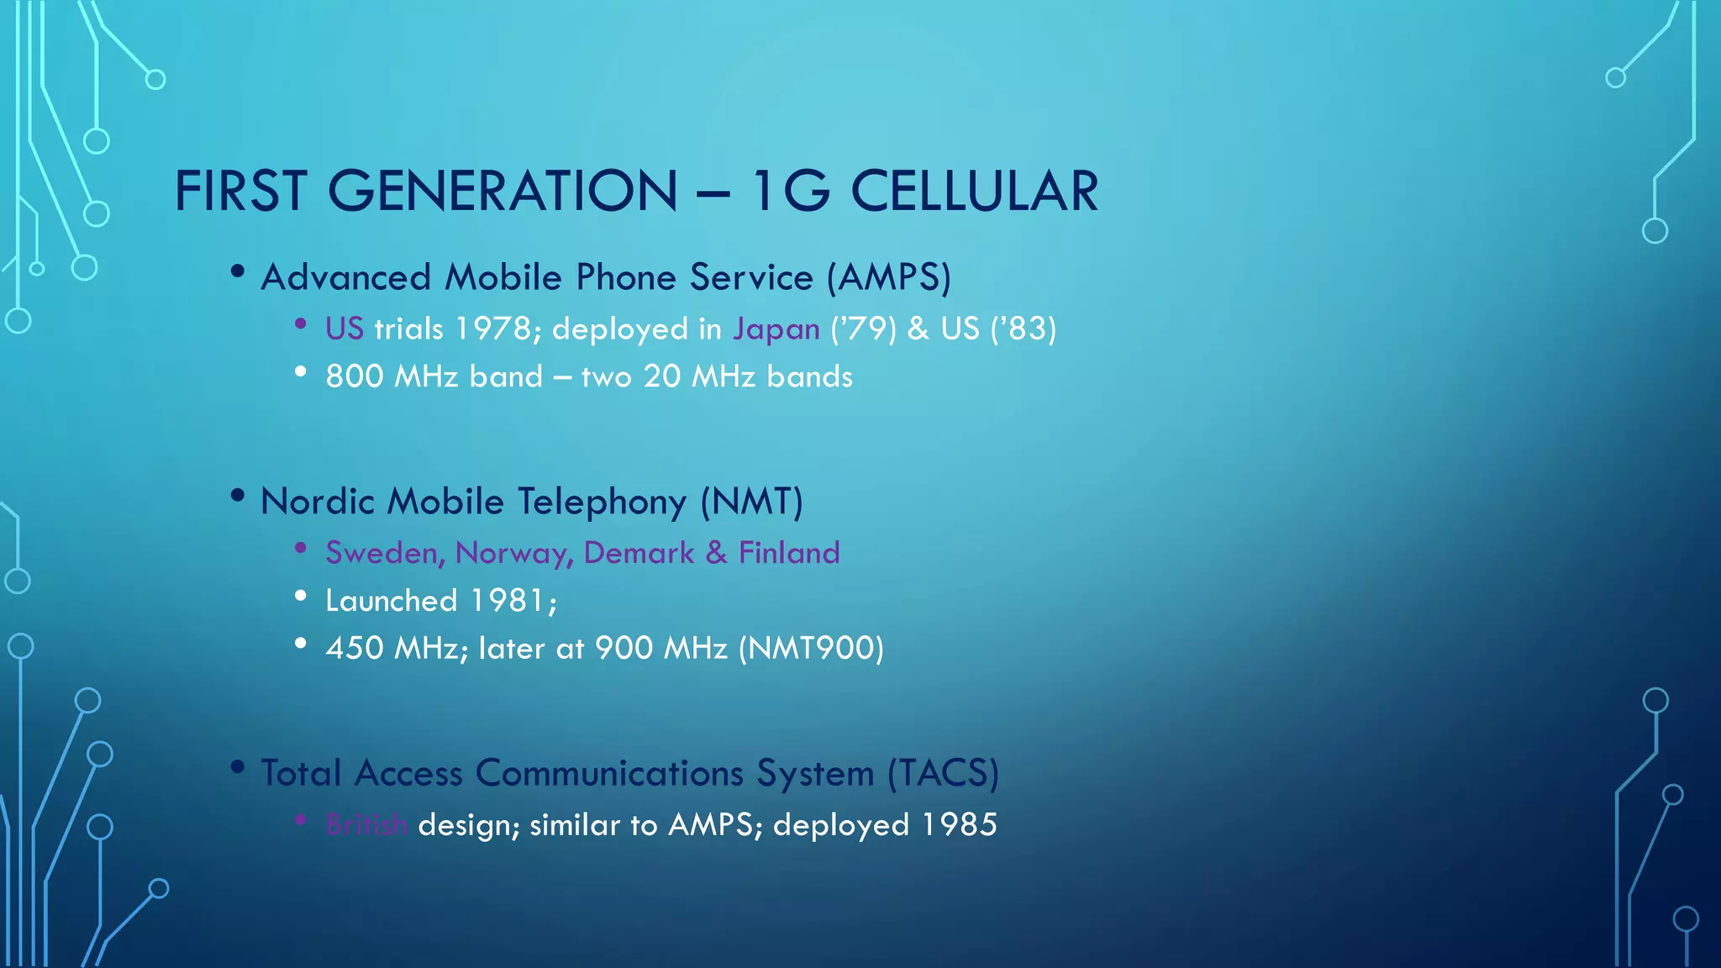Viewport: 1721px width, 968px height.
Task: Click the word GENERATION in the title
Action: pyautogui.click(x=502, y=192)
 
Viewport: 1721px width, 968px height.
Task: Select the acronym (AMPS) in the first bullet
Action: pyautogui.click(x=889, y=278)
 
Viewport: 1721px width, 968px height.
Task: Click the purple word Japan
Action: pyautogui.click(x=776, y=329)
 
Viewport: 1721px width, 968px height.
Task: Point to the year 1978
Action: pyautogui.click(x=492, y=329)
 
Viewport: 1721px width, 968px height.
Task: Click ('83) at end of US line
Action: pyautogui.click(x=1023, y=329)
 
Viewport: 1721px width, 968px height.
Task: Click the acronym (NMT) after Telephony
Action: pyautogui.click(x=752, y=502)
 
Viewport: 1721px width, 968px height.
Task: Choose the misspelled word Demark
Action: pyautogui.click(x=639, y=553)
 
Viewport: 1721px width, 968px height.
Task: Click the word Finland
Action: pyautogui.click(x=789, y=553)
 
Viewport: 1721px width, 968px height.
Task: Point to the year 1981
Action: pyautogui.click(x=508, y=601)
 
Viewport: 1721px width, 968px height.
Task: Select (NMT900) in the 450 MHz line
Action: pyautogui.click(x=811, y=649)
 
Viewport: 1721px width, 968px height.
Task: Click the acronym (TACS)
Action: pyautogui.click(x=944, y=773)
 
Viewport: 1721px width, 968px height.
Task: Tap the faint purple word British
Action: pyautogui.click(x=366, y=825)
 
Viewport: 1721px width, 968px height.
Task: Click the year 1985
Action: pyautogui.click(x=959, y=825)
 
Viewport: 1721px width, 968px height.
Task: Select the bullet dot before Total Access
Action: pyautogui.click(x=238, y=766)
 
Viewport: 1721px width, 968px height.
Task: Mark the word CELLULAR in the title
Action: pyautogui.click(x=975, y=192)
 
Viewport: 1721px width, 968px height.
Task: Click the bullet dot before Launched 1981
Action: pyautogui.click(x=301, y=596)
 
